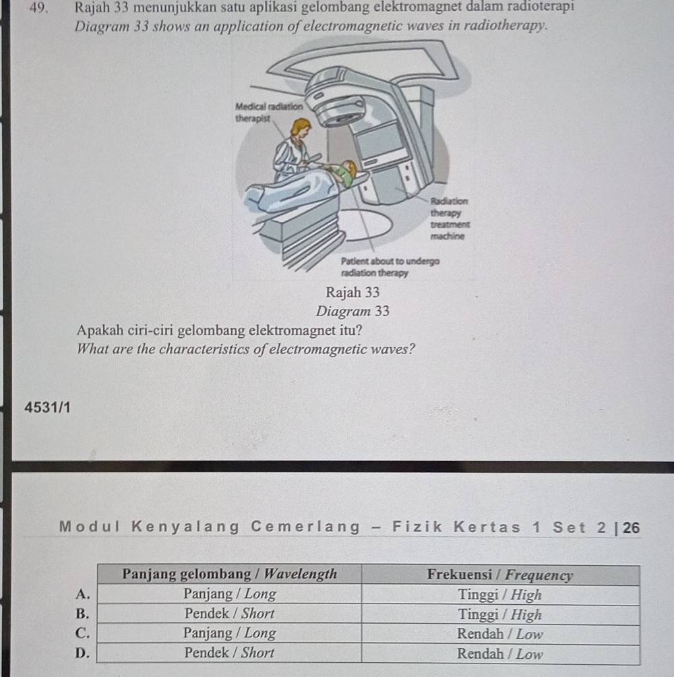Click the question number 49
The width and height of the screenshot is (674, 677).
tap(42, 8)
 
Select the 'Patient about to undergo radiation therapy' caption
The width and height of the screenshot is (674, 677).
tap(390, 267)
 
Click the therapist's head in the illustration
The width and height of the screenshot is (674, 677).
tap(301, 127)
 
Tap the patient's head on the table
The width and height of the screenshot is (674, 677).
tap(348, 169)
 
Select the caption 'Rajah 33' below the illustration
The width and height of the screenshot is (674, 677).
tap(353, 293)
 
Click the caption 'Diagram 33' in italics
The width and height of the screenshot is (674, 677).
tap(353, 312)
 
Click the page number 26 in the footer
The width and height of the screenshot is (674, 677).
tap(632, 527)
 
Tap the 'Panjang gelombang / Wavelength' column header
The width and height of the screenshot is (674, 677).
tap(230, 575)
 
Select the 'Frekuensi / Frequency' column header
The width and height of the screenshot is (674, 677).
tap(500, 575)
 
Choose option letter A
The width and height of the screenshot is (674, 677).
tap(82, 594)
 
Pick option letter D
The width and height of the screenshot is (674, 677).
tap(82, 653)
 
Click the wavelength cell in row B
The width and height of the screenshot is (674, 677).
tap(230, 614)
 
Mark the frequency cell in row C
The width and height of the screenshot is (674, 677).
tap(500, 634)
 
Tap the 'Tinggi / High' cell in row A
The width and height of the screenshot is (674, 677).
tap(500, 595)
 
